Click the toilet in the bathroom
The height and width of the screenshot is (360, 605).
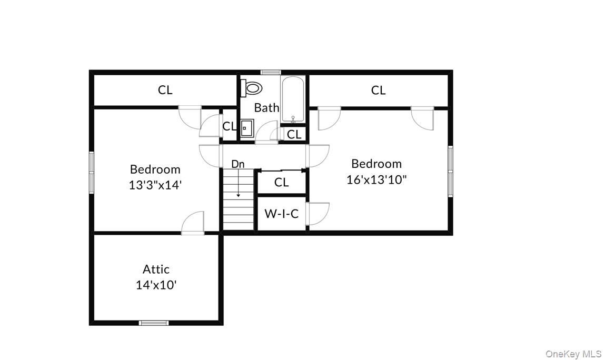click(x=252, y=88)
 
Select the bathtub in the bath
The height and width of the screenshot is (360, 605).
click(x=292, y=99)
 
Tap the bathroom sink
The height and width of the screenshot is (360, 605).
click(x=246, y=128)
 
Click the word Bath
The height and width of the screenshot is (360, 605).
click(x=266, y=108)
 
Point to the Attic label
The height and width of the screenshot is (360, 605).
click(x=156, y=269)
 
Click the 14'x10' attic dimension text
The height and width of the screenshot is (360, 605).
click(x=156, y=285)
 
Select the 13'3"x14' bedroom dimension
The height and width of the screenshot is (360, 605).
click(x=155, y=185)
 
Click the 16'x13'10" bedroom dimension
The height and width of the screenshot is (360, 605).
click(x=376, y=179)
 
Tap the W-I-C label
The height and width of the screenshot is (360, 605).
click(x=281, y=214)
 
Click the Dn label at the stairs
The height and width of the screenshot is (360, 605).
click(x=238, y=164)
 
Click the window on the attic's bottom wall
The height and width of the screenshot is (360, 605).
click(x=154, y=323)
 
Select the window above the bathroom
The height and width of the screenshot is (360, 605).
click(x=271, y=72)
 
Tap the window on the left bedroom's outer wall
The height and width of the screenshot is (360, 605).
click(x=91, y=172)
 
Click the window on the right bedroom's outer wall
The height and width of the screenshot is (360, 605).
click(x=450, y=171)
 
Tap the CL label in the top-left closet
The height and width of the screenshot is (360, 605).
click(x=165, y=90)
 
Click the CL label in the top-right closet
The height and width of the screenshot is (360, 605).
click(x=378, y=91)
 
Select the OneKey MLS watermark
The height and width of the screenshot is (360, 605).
click(x=573, y=353)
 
